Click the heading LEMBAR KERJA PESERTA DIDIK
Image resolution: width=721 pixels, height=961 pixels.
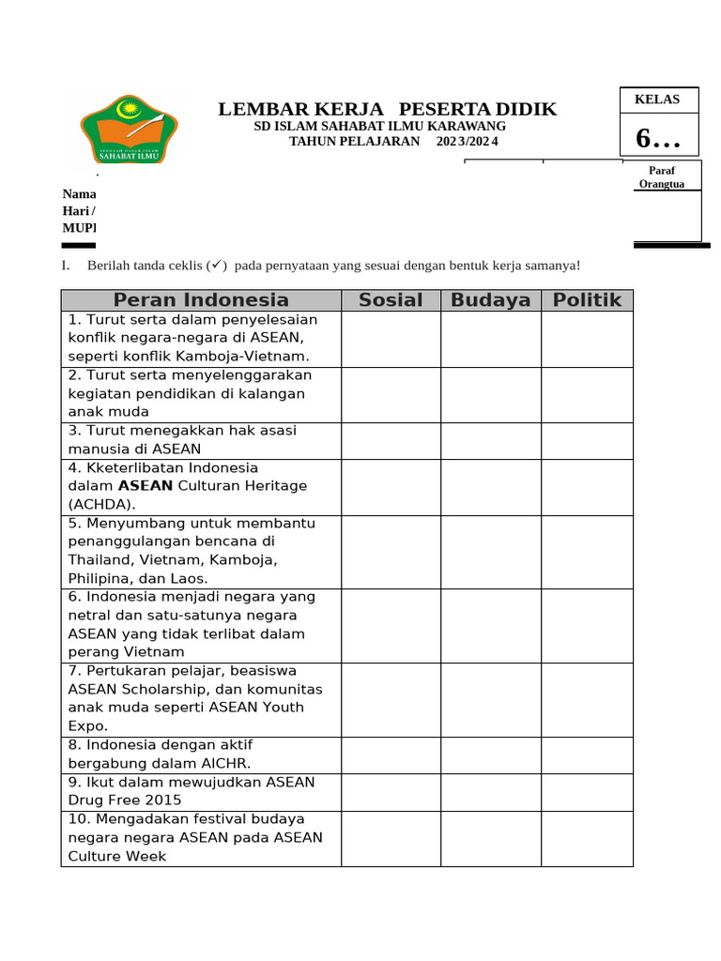pyautogui.click(x=387, y=109)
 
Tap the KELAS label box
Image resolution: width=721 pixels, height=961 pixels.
pyautogui.click(x=657, y=99)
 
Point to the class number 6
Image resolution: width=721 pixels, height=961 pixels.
pyautogui.click(x=656, y=139)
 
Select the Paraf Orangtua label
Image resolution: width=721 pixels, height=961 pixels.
pyautogui.click(x=662, y=177)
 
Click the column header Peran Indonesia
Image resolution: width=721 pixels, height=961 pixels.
pyautogui.click(x=201, y=300)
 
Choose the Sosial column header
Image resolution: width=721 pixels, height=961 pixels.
pyautogui.click(x=391, y=300)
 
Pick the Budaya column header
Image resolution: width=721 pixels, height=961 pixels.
pyautogui.click(x=490, y=300)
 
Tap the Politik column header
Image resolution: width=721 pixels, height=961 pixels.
pyautogui.click(x=587, y=300)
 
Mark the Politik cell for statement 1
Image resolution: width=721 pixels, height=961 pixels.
pyautogui.click(x=587, y=339)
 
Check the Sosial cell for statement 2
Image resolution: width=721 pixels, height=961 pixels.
pyautogui.click(x=391, y=394)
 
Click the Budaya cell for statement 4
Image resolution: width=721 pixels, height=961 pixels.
pyautogui.click(x=490, y=486)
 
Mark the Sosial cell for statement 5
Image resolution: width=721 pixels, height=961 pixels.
pyautogui.click(x=391, y=551)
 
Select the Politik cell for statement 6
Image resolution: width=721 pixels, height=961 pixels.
pyautogui.click(x=587, y=625)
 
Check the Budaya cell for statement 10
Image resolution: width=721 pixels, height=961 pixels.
pyautogui.click(x=490, y=838)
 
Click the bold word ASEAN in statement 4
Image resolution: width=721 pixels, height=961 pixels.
pyautogui.click(x=146, y=486)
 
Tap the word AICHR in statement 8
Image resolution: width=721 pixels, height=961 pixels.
pyautogui.click(x=222, y=764)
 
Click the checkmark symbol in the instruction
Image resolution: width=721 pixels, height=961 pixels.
pyautogui.click(x=217, y=266)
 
